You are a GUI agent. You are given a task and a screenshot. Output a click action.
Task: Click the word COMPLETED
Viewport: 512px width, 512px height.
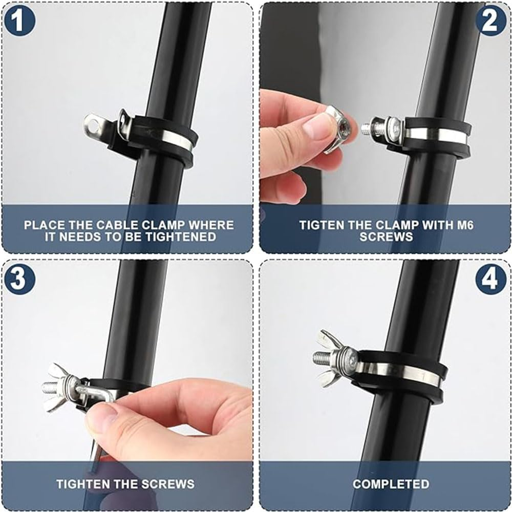391,483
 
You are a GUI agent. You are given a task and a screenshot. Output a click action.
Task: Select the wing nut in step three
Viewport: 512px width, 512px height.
59,387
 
